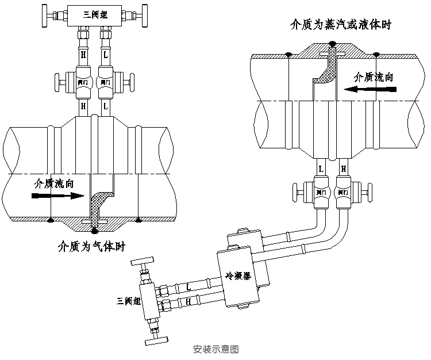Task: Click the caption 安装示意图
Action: (x=216, y=348)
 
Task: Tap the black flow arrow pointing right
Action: (x=57, y=196)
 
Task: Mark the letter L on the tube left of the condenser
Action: (x=188, y=286)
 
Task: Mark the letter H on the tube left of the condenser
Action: (x=189, y=301)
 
